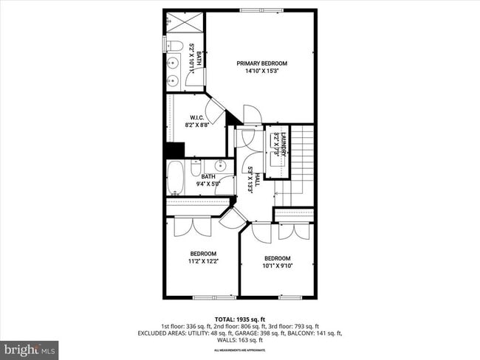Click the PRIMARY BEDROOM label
click(261, 63)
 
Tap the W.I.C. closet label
click(196, 117)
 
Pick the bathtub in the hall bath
click(176, 177)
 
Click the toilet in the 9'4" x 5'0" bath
click(196, 168)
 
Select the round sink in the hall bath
click(219, 165)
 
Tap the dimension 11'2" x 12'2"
click(203, 260)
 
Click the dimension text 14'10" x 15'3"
click(261, 72)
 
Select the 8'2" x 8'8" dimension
click(196, 125)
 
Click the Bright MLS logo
click(30, 348)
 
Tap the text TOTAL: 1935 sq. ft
click(240, 318)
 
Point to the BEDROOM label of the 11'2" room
click(203, 253)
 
